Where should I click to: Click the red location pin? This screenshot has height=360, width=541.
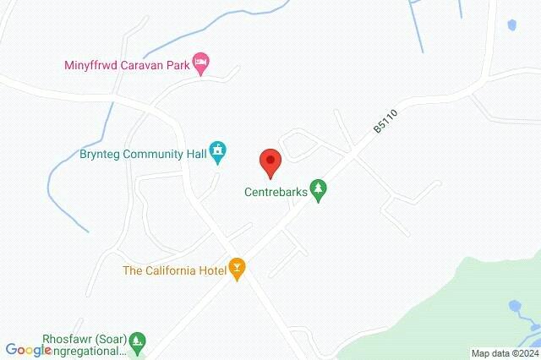point(270,161)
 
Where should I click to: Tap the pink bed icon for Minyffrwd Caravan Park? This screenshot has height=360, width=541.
point(201,63)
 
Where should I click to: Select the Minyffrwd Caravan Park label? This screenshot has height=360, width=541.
point(126,63)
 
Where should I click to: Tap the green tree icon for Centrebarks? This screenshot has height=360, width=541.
point(318,190)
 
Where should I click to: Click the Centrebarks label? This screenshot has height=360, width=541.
point(273,192)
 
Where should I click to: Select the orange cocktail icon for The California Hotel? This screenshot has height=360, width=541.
point(238,270)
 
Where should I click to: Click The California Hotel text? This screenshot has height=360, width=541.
point(174,270)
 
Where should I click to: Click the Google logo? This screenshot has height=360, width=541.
point(28,349)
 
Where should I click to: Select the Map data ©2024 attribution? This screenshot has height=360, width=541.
point(504,353)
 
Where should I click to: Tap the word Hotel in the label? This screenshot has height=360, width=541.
point(209,270)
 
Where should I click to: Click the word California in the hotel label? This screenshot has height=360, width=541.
point(169,270)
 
